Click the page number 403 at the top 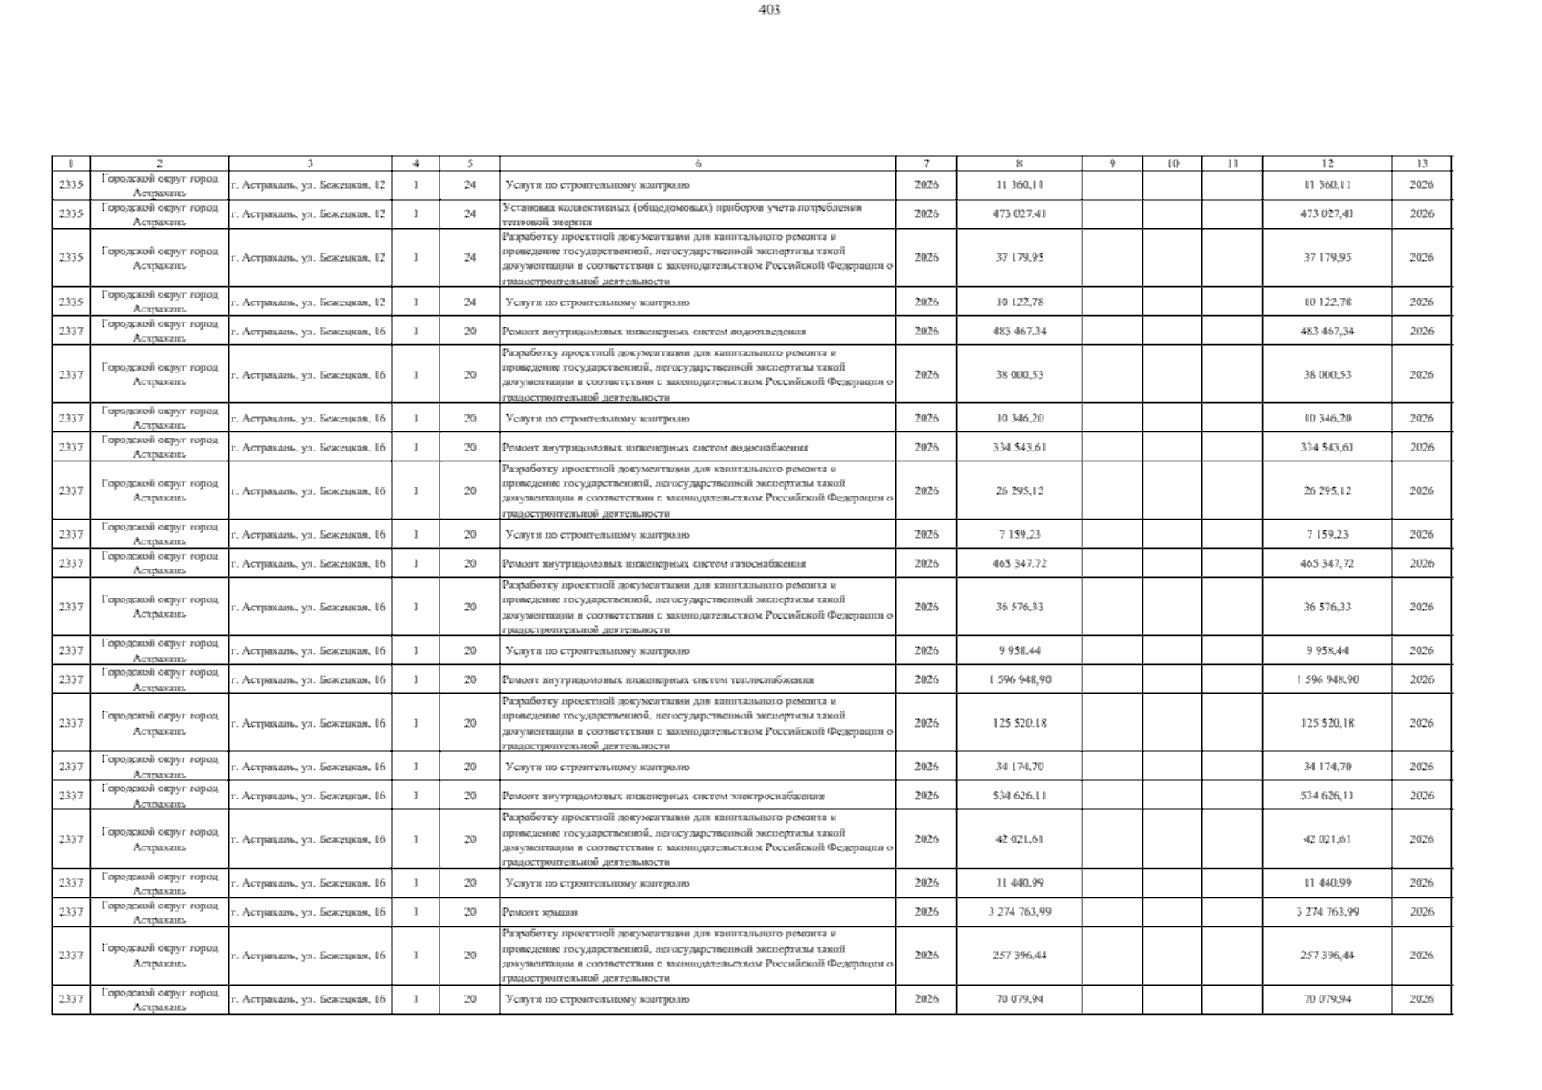pos(769,10)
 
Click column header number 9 pos(1112,163)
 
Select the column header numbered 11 pos(1231,163)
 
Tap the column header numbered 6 pos(697,163)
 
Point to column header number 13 pos(1421,163)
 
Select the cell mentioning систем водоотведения pos(654,332)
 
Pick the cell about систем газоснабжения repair pos(654,564)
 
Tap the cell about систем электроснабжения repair pos(663,797)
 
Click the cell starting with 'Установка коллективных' pos(681,214)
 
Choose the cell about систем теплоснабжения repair pos(657,680)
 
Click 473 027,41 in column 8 pos(1019,214)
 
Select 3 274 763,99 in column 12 pos(1327,912)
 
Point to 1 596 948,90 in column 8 pos(1019,680)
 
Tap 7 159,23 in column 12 pos(1327,535)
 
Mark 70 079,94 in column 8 pos(1019,999)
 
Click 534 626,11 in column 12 pos(1327,797)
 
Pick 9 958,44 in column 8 pos(1019,651)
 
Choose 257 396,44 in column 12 pos(1327,956)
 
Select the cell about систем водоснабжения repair pos(655,448)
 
